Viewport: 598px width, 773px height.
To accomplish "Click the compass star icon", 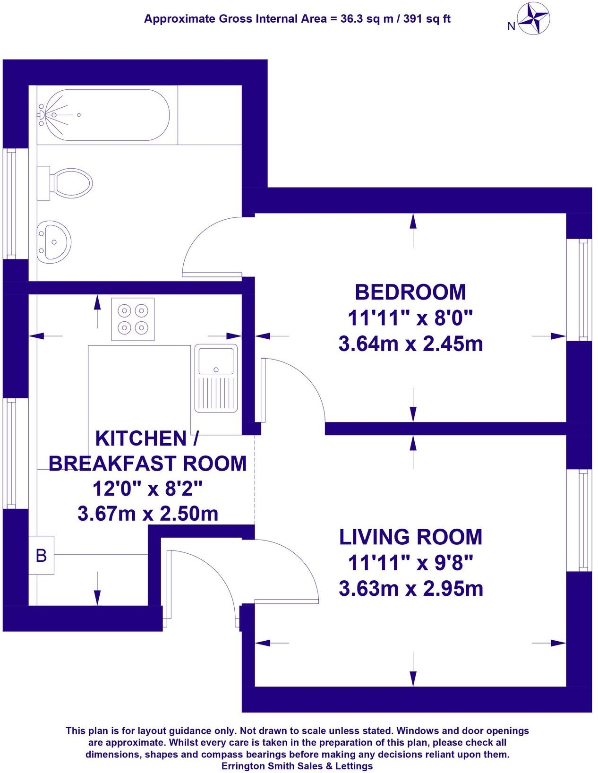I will [534, 19].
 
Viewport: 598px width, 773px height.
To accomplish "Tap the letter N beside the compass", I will [511, 27].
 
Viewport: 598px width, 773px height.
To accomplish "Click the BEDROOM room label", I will [410, 292].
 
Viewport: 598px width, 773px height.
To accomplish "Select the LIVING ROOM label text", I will [410, 537].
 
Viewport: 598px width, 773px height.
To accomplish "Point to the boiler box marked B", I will [42, 556].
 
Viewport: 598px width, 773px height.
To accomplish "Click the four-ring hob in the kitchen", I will [133, 319].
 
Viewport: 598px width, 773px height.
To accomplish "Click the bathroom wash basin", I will [53, 241].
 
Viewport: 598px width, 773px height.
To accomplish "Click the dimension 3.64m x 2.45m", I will [410, 344].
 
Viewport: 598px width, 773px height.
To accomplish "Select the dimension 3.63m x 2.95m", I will [410, 589].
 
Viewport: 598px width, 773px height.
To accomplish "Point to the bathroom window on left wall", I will [10, 203].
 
